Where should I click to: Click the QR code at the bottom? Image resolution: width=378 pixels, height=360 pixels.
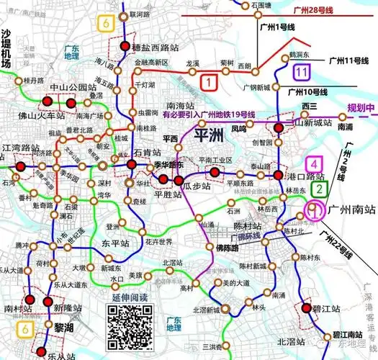[127, 324]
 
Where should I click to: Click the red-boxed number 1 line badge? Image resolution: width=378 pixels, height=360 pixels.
[209, 82]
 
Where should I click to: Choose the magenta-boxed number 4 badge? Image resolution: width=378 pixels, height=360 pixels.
[314, 165]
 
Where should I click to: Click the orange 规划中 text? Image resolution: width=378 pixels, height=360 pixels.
[361, 109]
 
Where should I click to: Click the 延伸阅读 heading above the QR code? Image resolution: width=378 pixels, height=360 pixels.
[127, 297]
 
